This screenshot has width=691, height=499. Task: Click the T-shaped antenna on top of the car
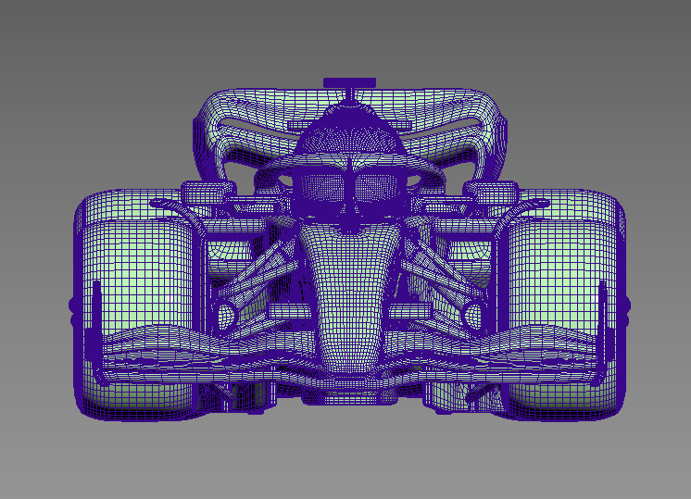click(349, 83)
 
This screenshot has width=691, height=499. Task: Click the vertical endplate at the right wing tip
click(602, 324)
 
